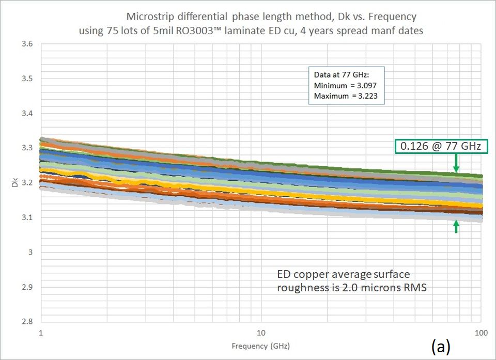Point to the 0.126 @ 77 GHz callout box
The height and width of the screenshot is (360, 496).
[x=440, y=147]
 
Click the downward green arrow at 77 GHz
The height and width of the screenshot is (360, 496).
[x=456, y=164]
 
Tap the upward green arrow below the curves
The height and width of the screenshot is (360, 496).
[x=456, y=227]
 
